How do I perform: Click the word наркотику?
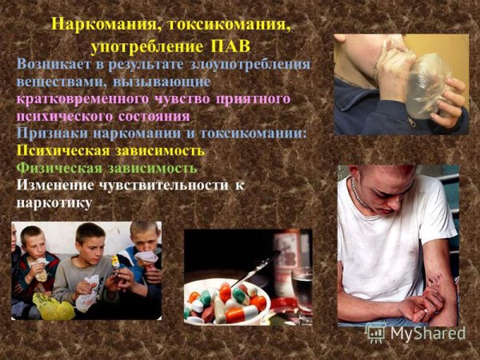[x=54, y=203]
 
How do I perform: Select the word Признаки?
[x=54, y=132]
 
